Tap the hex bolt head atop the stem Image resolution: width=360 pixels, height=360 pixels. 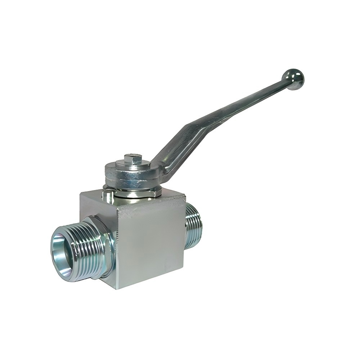point(133,159)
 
